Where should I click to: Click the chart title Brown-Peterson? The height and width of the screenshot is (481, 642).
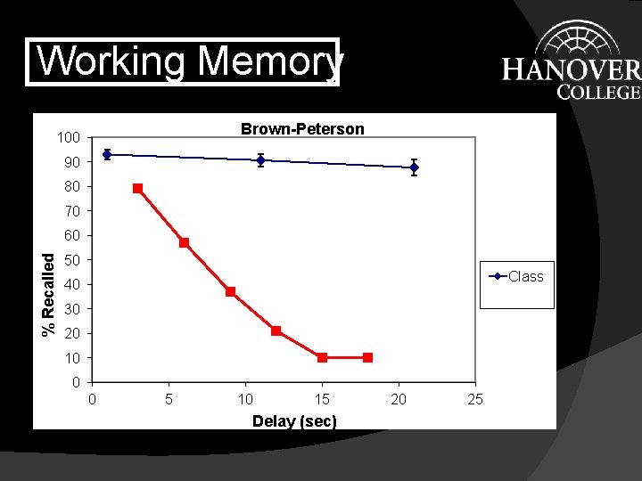(x=302, y=129)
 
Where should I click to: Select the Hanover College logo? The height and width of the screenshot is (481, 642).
(x=571, y=61)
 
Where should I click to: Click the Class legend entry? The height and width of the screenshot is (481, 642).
(x=517, y=276)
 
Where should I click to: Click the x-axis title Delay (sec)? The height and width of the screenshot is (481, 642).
(x=294, y=420)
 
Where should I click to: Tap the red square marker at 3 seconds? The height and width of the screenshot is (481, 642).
(x=138, y=188)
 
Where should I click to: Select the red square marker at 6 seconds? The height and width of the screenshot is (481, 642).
(x=184, y=242)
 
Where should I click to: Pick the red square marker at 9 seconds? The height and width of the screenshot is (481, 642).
(x=230, y=291)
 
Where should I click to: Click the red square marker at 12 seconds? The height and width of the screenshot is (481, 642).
(x=276, y=330)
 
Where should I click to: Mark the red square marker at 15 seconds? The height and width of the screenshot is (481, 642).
(x=322, y=357)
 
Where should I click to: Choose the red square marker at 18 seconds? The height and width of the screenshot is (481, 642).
(x=367, y=357)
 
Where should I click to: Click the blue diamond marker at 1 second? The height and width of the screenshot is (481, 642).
(x=107, y=154)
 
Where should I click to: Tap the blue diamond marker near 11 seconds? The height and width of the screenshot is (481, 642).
(x=260, y=160)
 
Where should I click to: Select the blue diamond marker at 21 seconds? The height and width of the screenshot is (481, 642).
(x=414, y=167)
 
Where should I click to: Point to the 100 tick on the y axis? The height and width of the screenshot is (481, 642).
(x=69, y=137)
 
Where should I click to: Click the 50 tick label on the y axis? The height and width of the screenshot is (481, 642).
(x=72, y=260)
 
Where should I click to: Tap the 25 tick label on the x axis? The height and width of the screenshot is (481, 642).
(x=475, y=399)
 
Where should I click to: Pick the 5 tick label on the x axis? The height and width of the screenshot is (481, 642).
(x=169, y=399)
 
